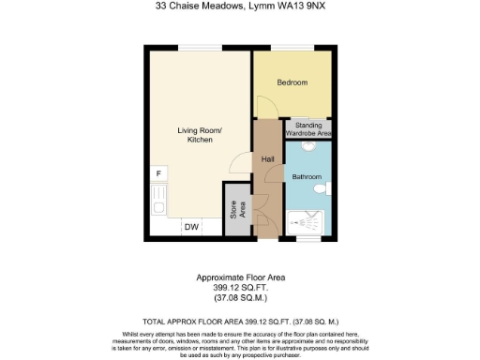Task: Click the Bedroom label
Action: [291, 82]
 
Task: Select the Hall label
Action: [267, 159]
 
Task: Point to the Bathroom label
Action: [306, 177]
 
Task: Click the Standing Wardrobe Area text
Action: [312, 129]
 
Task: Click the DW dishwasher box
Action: [191, 227]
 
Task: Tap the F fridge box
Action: [158, 174]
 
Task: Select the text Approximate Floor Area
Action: [240, 277]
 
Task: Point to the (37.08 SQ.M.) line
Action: [240, 296]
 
